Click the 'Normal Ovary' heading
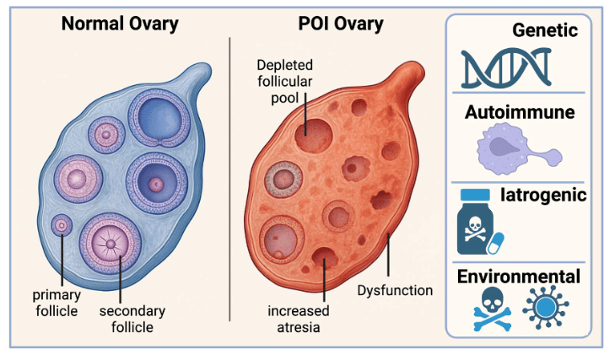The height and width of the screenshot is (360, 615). [119, 23]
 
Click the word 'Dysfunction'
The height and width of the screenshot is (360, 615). [394, 291]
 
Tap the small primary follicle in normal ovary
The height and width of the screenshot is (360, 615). [61, 225]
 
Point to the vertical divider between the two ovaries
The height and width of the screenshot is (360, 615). [230, 177]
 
